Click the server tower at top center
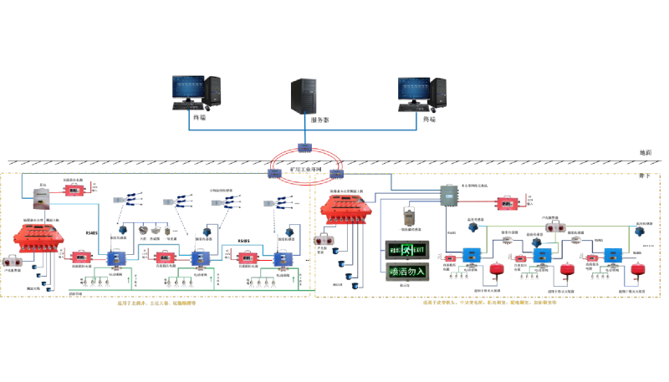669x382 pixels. click(304, 95)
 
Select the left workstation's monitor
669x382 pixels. click(188, 87)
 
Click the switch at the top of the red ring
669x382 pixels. click(304, 148)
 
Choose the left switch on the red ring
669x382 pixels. click(274, 173)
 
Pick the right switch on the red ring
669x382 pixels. click(336, 174)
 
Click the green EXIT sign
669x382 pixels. click(406, 249)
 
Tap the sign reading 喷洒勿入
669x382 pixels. click(406, 271)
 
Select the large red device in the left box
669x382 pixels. click(38, 237)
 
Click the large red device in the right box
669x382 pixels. click(345, 208)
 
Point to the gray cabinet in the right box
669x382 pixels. click(450, 196)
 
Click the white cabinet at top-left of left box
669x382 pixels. click(41, 198)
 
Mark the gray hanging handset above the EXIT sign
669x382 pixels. click(408, 216)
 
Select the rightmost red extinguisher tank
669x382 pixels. click(639, 268)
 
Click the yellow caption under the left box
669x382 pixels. click(157, 303)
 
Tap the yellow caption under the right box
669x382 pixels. click(489, 303)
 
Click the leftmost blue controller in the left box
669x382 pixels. click(115, 259)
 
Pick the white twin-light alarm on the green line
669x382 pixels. click(556, 227)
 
